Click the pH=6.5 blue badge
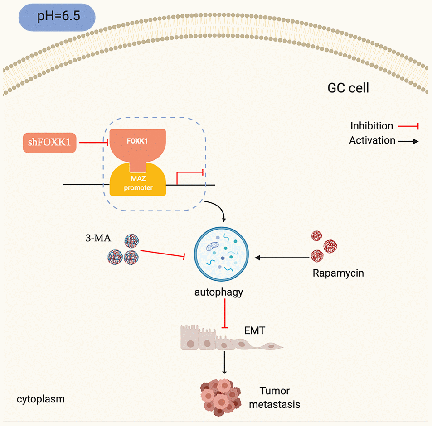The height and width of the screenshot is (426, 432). pyautogui.click(x=57, y=19)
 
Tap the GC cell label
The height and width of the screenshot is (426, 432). pyautogui.click(x=348, y=87)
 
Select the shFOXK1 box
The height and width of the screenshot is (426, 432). pyautogui.click(x=49, y=143)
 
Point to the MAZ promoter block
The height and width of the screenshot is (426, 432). pyautogui.click(x=138, y=182)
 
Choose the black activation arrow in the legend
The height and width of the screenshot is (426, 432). pyautogui.click(x=408, y=141)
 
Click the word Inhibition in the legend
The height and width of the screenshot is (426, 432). pyautogui.click(x=371, y=126)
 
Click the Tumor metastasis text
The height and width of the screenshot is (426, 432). pyautogui.click(x=279, y=397)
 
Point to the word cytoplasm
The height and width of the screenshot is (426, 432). pyautogui.click(x=41, y=399)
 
